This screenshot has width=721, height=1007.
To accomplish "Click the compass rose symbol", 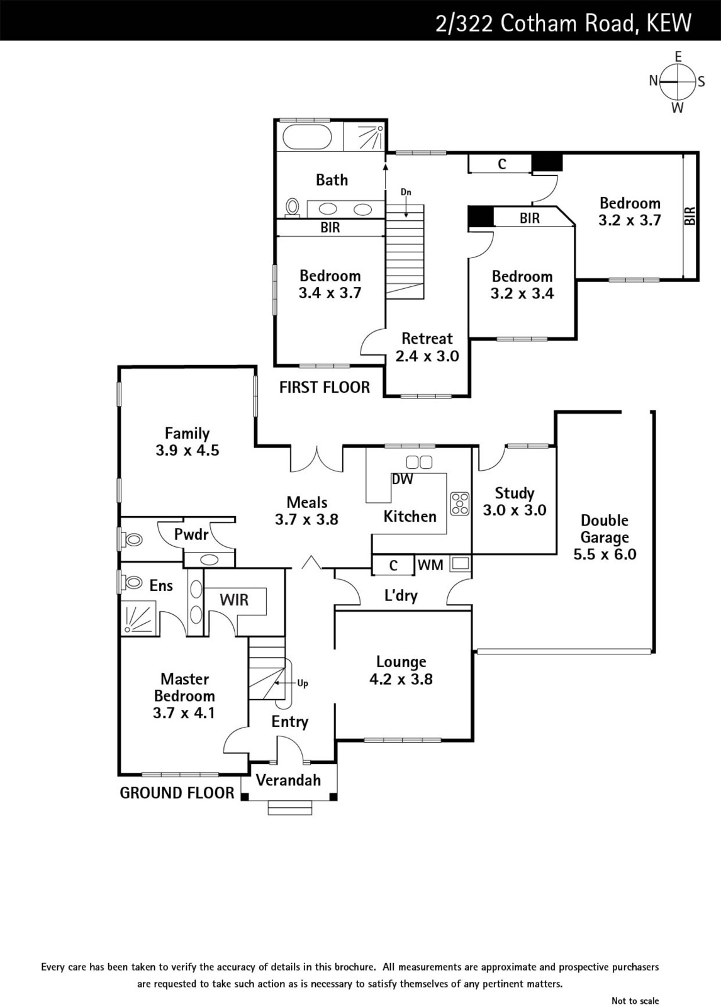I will [x=677, y=82].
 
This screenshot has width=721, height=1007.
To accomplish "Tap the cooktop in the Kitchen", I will [x=460, y=503].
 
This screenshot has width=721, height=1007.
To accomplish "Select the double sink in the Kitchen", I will [x=419, y=462].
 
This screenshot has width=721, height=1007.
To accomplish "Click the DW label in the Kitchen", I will [x=402, y=479].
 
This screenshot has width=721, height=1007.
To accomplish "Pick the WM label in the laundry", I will [x=430, y=565].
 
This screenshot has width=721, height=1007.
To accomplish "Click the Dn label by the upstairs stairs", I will [x=406, y=192].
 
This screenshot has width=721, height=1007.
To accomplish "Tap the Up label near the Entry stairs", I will [x=303, y=684].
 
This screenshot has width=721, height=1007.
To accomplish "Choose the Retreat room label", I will [x=427, y=339].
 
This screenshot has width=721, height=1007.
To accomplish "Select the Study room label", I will [x=514, y=493].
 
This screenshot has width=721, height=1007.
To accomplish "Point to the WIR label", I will [x=234, y=600].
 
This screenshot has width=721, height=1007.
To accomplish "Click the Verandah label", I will [x=288, y=780].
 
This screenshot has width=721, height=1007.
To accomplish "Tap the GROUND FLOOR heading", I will [x=177, y=793].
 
